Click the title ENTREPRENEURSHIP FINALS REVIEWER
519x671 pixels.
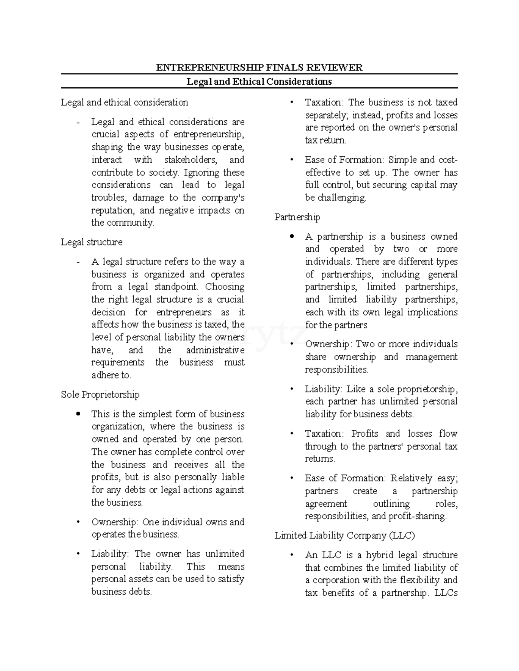[x=259, y=67]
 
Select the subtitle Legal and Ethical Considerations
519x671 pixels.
[x=259, y=82]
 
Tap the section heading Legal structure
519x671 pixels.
[x=91, y=242]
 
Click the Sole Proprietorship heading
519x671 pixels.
[x=100, y=394]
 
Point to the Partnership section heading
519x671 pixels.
[x=297, y=217]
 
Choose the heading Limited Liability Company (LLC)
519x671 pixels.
[x=344, y=535]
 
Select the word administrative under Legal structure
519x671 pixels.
[x=215, y=350]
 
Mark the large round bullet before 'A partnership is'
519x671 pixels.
[x=292, y=236]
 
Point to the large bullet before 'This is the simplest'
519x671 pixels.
[x=78, y=414]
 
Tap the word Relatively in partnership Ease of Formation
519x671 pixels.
[x=410, y=478]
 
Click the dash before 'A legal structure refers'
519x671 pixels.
[x=78, y=262]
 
